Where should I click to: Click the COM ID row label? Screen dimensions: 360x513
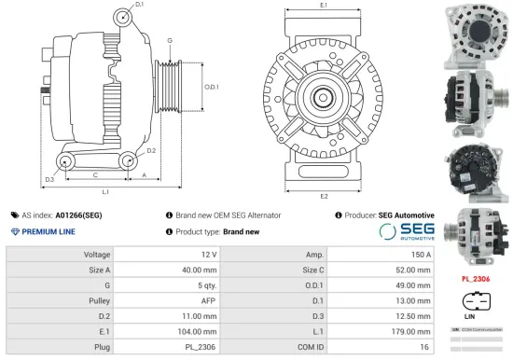pos(311,347)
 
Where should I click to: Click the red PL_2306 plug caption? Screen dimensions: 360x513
pos(477,278)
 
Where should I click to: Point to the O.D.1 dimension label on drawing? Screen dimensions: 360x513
pos(212,87)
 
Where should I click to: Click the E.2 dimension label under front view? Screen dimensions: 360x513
pos(324,197)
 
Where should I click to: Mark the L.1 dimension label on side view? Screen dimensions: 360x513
pos(105,191)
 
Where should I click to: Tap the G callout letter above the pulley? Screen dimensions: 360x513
pos(170,40)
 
